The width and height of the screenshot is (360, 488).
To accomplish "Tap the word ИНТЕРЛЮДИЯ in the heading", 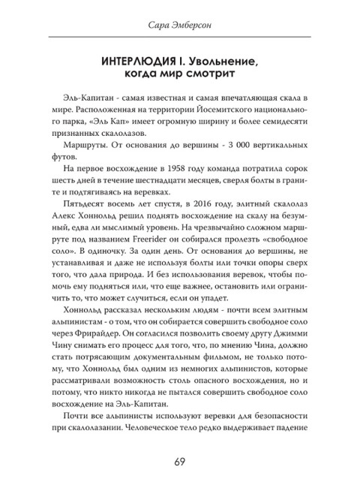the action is (137, 61).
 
